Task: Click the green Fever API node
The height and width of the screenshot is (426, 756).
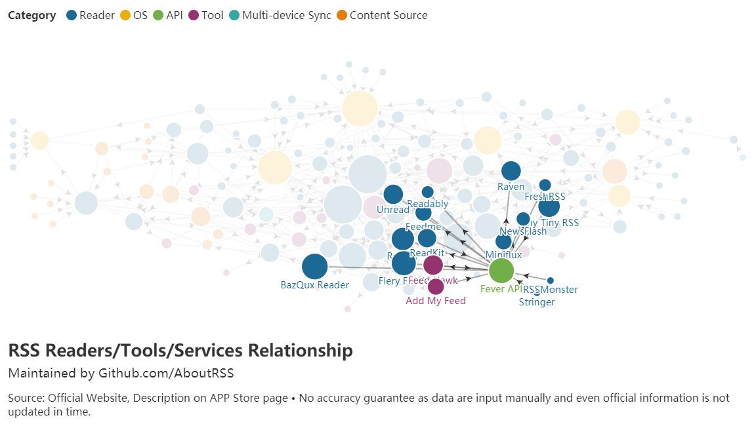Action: (501, 270)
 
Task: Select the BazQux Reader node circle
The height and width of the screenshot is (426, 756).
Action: (314, 267)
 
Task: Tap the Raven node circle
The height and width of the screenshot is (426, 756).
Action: (511, 171)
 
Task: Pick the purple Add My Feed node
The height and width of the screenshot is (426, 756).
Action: (436, 286)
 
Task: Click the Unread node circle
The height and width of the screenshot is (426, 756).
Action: (392, 194)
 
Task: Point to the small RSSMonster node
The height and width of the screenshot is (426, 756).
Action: (551, 281)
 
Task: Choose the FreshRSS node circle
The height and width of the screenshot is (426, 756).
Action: (545, 185)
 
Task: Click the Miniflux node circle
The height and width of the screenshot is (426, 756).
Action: (503, 242)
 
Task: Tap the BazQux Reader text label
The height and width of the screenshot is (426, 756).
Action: (314, 285)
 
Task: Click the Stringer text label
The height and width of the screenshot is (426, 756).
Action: (537, 302)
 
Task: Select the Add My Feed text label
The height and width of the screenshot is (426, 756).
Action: (436, 301)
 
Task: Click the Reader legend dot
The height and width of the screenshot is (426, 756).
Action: (72, 15)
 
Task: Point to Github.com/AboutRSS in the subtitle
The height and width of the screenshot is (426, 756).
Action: (166, 373)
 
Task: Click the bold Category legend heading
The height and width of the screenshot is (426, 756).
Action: (32, 15)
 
